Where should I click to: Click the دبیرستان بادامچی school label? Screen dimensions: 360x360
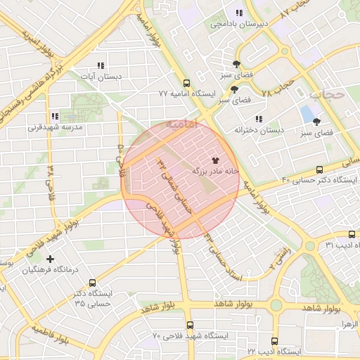(x=238, y=25)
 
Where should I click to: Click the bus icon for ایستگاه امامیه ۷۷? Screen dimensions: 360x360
(x=185, y=82)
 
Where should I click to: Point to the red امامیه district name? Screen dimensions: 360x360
(x=182, y=124)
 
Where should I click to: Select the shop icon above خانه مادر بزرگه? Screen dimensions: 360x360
(x=215, y=160)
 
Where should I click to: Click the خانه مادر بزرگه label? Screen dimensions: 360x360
(x=215, y=171)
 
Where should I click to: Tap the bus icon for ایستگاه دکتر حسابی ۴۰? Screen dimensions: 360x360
(x=320, y=169)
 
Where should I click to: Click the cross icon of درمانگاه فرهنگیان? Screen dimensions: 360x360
(x=51, y=259)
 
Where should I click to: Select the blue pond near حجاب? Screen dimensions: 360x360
(x=307, y=113)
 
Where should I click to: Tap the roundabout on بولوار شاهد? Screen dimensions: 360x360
(x=276, y=305)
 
